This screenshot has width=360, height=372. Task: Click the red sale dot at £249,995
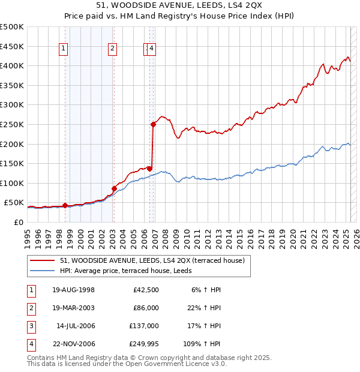pos(153,125)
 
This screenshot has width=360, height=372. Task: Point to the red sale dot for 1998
pos(65,205)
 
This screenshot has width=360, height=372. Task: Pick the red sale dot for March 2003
pos(113,188)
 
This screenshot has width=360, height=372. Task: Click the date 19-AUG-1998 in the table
pos(73,289)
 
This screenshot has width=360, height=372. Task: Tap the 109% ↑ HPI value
pos(202,344)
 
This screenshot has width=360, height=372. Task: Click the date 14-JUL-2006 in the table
pos(75,326)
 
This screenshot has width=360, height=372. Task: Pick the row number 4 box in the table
pos(30,344)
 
